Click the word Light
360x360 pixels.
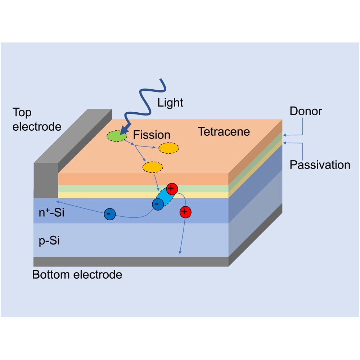[170, 103]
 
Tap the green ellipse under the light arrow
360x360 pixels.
[116, 136]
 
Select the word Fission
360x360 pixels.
[152, 135]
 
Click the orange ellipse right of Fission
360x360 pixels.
[169, 148]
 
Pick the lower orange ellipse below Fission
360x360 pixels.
[153, 167]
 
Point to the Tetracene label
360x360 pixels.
[224, 131]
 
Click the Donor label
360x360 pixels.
[306, 111]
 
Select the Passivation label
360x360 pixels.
[320, 165]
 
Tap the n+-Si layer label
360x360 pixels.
[51, 213]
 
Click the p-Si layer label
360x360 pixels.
[49, 241]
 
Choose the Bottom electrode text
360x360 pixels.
[77, 275]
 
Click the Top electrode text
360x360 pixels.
[37, 120]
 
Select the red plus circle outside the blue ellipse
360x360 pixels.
[185, 212]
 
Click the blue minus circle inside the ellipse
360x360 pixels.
[157, 204]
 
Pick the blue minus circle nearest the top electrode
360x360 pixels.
[109, 214]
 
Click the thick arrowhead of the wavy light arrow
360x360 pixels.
[125, 130]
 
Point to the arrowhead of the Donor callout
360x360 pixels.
[285, 135]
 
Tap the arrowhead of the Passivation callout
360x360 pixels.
[285, 143]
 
